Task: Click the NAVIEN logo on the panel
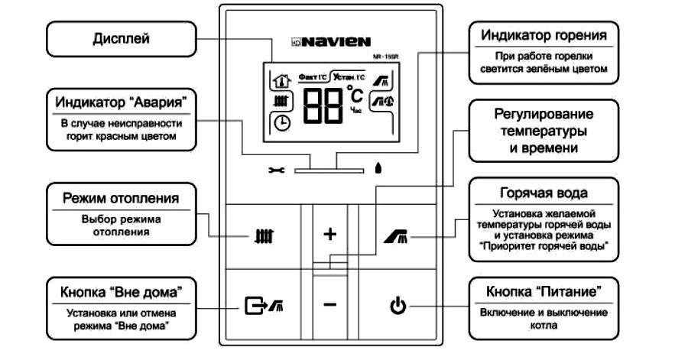(x=331, y=41)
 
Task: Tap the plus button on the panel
(x=330, y=234)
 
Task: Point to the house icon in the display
(x=282, y=79)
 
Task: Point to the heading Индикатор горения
(x=544, y=36)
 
